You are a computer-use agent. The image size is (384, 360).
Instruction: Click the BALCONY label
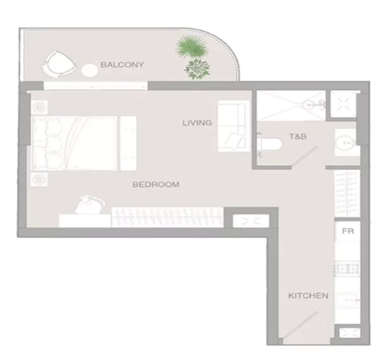122,65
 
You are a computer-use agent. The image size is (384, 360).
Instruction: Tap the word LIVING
197,123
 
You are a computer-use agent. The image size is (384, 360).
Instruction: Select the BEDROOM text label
156,184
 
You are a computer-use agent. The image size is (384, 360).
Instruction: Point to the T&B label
298,136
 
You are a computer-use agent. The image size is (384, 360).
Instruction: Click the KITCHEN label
308,295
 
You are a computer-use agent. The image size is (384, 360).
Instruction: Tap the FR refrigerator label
348,231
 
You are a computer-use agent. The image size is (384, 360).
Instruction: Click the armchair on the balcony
58,65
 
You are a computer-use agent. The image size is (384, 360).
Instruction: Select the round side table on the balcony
90,70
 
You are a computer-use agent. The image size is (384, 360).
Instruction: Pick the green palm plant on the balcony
192,47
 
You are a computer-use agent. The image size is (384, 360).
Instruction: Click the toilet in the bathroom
270,144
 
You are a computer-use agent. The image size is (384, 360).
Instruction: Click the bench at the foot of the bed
128,143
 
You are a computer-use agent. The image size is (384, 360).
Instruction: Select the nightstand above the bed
39,107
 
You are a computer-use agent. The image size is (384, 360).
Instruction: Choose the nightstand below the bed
39,180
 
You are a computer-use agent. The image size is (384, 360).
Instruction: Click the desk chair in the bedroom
90,205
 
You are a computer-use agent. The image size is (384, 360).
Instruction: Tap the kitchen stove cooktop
347,269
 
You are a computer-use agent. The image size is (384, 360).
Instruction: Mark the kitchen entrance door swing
300,325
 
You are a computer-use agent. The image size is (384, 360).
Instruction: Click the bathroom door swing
304,157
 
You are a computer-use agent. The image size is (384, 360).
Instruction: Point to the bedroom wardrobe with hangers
167,218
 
